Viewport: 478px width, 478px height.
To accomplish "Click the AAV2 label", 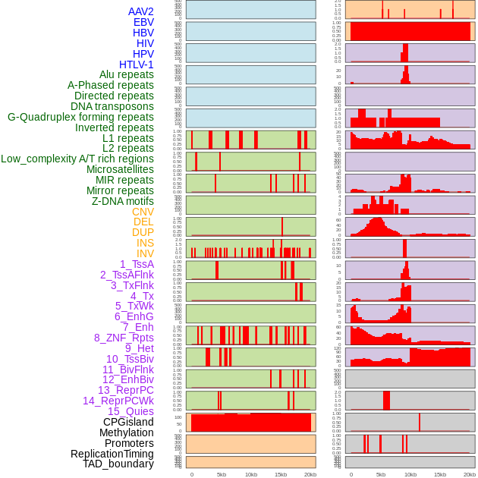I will click(x=140, y=12).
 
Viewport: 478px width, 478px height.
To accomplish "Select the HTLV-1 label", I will click(x=136, y=64).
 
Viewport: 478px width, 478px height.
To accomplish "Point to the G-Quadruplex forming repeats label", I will click(x=80, y=117).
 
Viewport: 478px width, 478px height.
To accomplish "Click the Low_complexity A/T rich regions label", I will click(x=77, y=159).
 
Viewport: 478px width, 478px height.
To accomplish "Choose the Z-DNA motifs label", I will click(x=122, y=201).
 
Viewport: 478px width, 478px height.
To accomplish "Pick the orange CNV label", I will click(x=143, y=212).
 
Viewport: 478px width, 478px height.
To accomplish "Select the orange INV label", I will click(x=145, y=253).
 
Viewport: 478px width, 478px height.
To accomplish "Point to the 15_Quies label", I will click(x=131, y=411).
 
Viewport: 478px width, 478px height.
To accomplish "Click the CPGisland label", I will click(x=128, y=422).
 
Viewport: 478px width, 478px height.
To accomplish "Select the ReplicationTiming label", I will click(x=112, y=454).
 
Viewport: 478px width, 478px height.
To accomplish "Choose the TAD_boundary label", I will click(x=118, y=464).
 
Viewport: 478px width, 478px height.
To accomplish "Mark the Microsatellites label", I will click(x=120, y=169).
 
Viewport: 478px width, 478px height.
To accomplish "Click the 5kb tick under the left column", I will click(x=222, y=474).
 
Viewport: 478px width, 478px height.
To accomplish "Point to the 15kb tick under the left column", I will click(x=281, y=474).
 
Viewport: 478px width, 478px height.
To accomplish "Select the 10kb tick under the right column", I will click(x=410, y=474).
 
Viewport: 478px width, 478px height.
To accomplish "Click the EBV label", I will click(x=143, y=23).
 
